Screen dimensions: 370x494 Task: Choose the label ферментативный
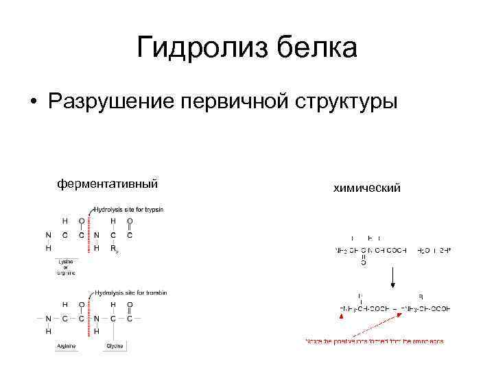108,184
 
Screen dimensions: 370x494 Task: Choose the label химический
367,187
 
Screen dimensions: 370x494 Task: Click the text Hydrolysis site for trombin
130,293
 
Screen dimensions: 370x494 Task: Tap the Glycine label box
114,347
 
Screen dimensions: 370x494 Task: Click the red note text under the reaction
375,341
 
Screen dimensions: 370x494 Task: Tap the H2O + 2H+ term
434,251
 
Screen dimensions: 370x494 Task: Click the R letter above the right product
421,297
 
